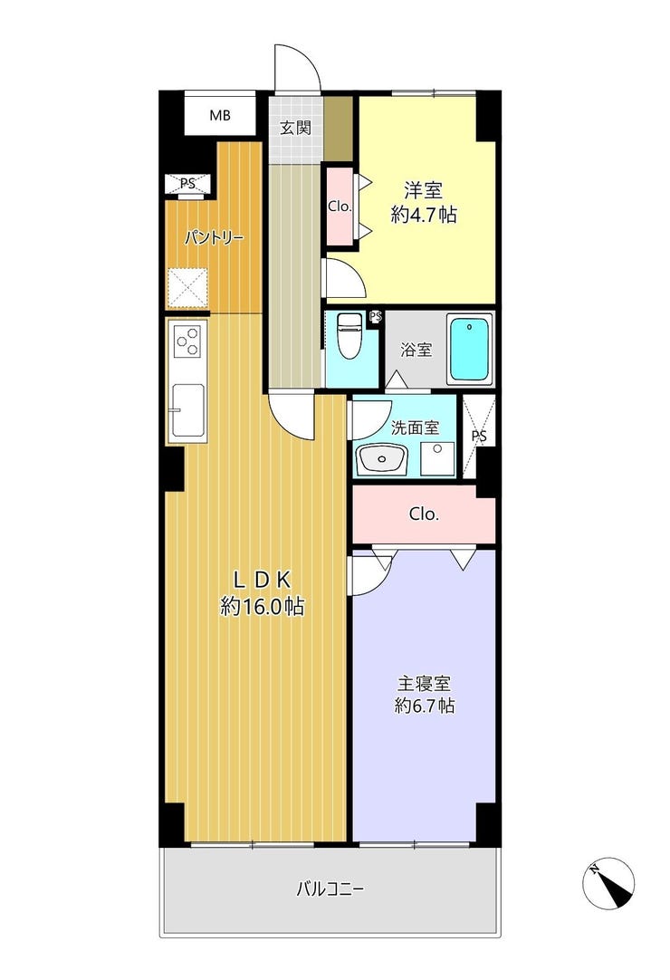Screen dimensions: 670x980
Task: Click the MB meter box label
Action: point(220,115)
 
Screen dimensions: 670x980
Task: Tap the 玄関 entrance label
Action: point(295,128)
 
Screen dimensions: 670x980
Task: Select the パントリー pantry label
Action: point(214,238)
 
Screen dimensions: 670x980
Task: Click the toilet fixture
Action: point(349,336)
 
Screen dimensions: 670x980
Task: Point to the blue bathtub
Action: point(470,350)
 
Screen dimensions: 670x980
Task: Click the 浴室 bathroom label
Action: point(416,350)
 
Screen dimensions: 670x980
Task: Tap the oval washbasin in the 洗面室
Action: point(381,460)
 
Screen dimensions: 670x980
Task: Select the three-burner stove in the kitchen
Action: point(187,341)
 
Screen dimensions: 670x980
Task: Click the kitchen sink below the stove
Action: point(187,410)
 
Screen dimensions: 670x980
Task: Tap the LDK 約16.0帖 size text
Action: point(263,593)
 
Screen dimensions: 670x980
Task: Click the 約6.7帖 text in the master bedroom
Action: point(425,706)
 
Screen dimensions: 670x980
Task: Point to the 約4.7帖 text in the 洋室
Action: point(424,215)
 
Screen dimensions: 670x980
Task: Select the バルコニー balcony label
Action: point(330,889)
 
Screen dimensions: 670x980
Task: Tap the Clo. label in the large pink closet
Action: point(425,514)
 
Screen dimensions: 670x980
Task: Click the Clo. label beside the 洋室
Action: point(340,207)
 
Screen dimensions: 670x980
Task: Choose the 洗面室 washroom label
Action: point(415,428)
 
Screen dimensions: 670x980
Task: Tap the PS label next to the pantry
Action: point(187,184)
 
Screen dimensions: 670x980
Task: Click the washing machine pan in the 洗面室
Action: point(437,459)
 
